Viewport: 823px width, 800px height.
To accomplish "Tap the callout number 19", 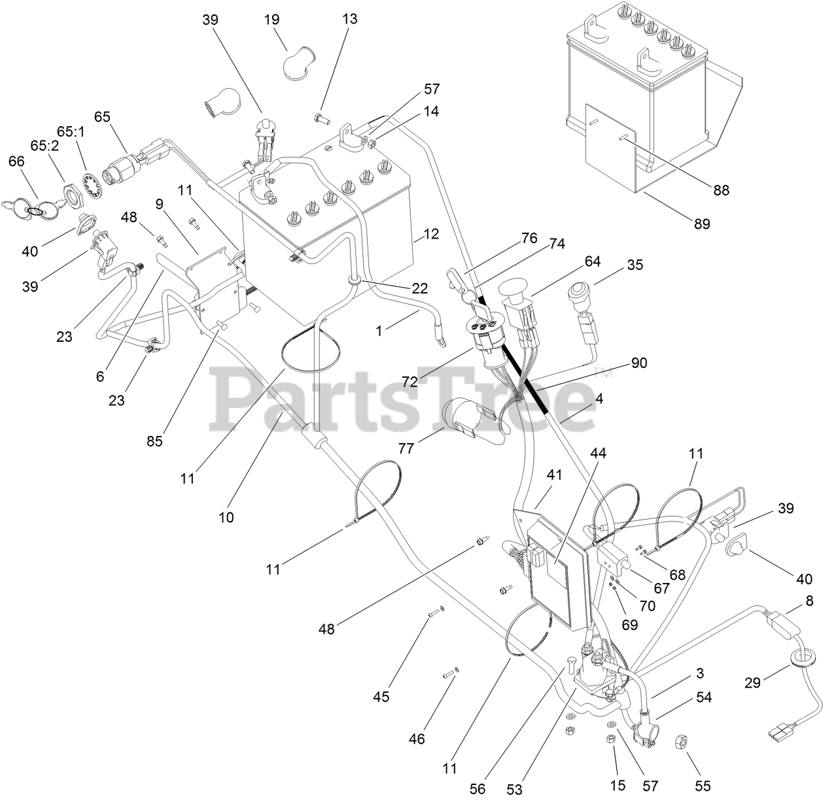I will pos(271,20).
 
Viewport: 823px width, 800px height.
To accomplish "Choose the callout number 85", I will pos(155,441).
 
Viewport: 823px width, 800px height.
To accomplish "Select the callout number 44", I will pos(598,453).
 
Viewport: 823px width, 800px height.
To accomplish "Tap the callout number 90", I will pos(639,363).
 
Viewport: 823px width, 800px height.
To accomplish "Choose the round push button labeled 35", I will pos(580,290).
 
